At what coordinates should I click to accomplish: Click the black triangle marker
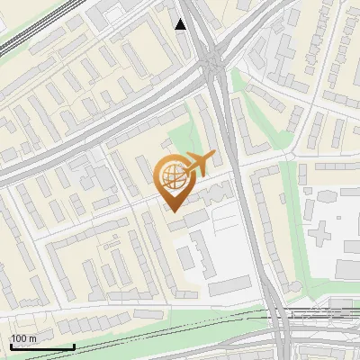(181, 24)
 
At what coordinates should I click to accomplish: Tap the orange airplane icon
(200, 164)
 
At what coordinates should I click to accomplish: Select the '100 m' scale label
(24, 338)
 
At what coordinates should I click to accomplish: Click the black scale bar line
(41, 347)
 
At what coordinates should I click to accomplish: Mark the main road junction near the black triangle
(213, 63)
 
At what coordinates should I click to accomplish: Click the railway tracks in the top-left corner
(27, 27)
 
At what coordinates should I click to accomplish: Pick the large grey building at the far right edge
(346, 267)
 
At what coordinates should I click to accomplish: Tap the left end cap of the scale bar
(10, 347)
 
